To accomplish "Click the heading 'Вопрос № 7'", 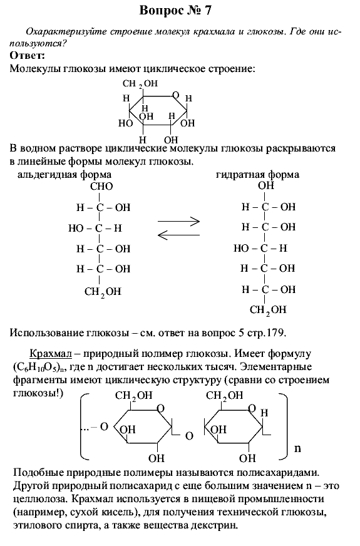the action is point(175,11).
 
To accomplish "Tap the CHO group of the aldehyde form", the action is point(101,187).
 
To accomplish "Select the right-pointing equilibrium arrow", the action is point(178,221).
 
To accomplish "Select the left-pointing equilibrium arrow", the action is point(178,235).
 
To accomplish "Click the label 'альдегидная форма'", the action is point(64,175).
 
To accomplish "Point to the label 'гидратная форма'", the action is point(258,175).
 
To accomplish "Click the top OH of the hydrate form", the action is point(266,185).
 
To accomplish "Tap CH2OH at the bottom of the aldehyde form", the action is point(103,292).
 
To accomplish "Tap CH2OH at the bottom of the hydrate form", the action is point(268,310).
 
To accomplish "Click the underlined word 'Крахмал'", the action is point(51,354).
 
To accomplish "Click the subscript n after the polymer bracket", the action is point(297,448).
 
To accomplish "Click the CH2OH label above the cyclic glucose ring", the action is point(140,84).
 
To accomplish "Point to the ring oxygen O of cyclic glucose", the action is point(176,95).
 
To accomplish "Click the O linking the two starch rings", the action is point(189,436).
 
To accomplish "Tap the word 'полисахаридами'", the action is point(275,473).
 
